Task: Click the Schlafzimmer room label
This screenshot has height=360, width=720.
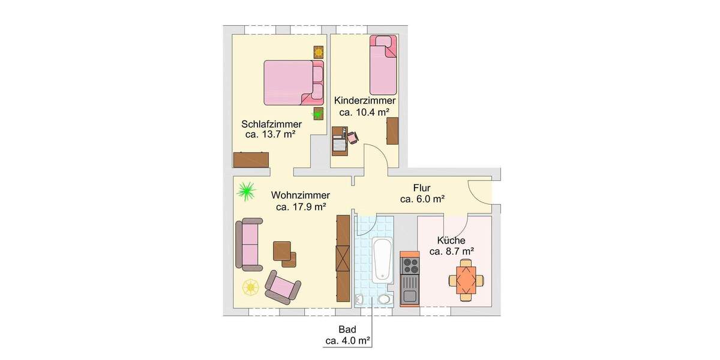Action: (271, 124)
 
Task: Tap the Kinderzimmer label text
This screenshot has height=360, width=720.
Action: (364, 101)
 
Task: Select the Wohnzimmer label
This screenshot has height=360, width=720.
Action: (300, 196)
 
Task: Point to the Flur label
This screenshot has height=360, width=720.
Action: (422, 188)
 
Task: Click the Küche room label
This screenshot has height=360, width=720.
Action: (451, 241)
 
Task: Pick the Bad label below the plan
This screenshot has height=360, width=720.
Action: (347, 329)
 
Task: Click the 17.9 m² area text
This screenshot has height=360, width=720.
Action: (301, 207)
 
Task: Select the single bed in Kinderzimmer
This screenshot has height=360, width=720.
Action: (383, 68)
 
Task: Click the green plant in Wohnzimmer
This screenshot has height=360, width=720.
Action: (245, 191)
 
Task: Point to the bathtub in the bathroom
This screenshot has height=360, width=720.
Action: (381, 259)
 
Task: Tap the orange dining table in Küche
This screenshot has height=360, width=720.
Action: (466, 280)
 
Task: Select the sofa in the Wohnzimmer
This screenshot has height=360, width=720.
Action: (248, 244)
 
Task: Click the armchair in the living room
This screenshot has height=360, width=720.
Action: (283, 286)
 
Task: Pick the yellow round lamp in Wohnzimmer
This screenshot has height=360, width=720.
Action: (250, 287)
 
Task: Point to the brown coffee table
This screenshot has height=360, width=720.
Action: (285, 252)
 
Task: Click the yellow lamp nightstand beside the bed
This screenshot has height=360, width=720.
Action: (318, 52)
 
